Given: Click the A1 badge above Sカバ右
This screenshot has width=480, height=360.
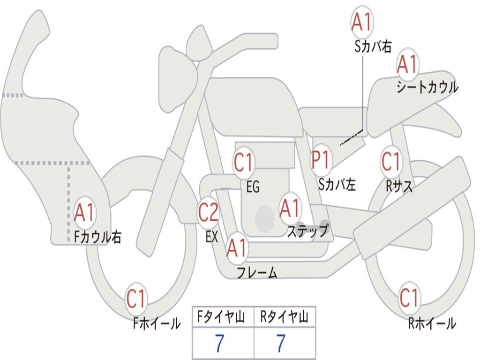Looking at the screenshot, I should (361, 22).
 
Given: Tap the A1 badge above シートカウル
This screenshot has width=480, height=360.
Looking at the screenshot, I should (407, 65).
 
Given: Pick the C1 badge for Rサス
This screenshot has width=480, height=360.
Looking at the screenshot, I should (390, 162).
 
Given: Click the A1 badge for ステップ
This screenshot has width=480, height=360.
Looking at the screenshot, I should (289, 209).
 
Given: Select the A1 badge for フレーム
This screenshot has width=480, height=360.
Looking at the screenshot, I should (236, 248).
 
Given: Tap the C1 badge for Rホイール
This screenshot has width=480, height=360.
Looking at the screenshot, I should (409, 298).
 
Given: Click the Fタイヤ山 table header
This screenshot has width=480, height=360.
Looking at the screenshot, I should (223, 317).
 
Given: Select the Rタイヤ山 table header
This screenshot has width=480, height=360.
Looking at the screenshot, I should (284, 317).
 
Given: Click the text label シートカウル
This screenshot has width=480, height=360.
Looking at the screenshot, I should (427, 88).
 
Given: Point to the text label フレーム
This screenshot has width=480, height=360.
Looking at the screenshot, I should (257, 272).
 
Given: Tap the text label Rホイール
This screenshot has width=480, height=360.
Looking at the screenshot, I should (432, 323).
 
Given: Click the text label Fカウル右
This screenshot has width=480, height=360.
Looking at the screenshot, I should (98, 237).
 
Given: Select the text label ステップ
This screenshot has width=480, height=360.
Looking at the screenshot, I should (307, 231).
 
